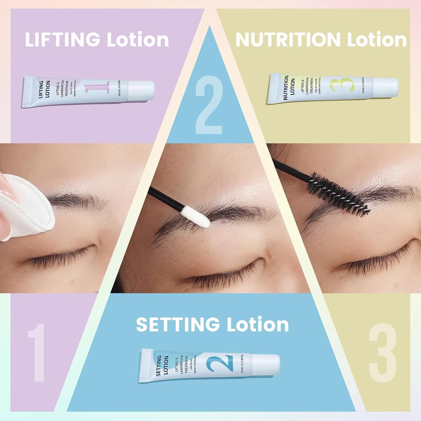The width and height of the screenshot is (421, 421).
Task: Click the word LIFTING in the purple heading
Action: (x=62, y=40)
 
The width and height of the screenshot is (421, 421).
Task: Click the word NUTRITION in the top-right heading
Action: (x=288, y=40)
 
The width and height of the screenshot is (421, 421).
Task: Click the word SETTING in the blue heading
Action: (x=178, y=325)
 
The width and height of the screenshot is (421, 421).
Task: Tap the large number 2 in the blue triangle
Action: (x=209, y=105)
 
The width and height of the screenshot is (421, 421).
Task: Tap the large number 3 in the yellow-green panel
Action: (x=383, y=353)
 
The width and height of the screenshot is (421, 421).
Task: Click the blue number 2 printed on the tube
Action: (x=220, y=363)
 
